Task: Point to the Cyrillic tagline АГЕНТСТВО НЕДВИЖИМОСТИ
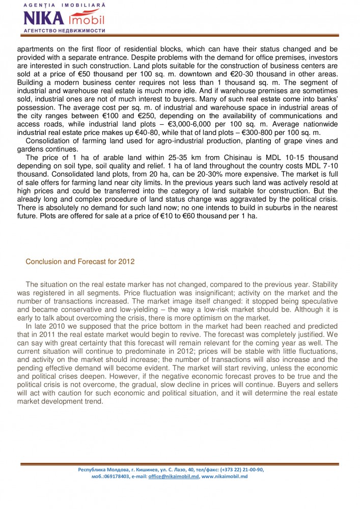64,31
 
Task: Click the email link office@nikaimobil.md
173,476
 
